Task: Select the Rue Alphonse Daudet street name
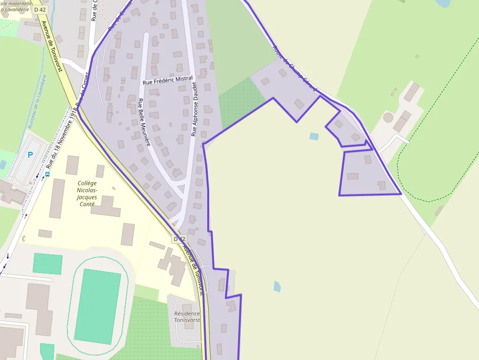[x=194, y=108]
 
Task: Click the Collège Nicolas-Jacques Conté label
[x=87, y=193]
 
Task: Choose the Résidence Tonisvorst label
[x=187, y=317]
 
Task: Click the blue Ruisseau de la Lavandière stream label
[x=37, y=102]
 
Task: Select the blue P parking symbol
[x=30, y=155]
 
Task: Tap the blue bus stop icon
[x=47, y=173]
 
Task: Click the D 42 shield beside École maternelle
[x=40, y=9]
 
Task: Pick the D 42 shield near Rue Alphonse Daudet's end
[x=179, y=239]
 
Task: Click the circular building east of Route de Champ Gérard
[x=388, y=117]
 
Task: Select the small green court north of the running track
[x=47, y=264]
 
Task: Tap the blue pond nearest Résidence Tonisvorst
[x=277, y=286]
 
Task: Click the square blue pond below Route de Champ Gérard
[x=314, y=137]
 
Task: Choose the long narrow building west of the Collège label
[x=57, y=198]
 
